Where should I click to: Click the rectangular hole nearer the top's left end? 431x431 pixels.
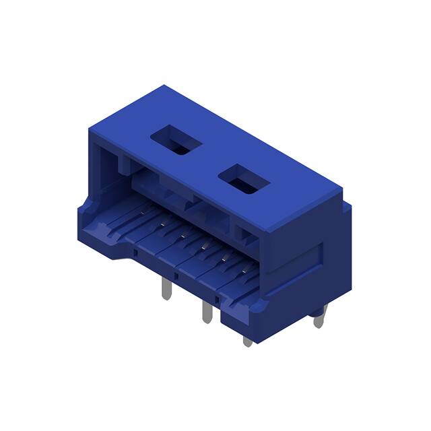point(176,141)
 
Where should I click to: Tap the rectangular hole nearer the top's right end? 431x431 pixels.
point(244,179)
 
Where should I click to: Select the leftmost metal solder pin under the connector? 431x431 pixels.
point(166,290)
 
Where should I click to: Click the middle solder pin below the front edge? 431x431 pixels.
point(206,312)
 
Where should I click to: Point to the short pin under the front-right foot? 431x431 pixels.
point(248,341)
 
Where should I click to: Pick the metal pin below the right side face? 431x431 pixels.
point(319,316)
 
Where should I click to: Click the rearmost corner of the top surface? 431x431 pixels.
point(164,86)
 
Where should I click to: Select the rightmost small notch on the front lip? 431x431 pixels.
point(217,296)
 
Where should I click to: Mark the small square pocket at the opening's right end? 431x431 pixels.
point(245,235)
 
